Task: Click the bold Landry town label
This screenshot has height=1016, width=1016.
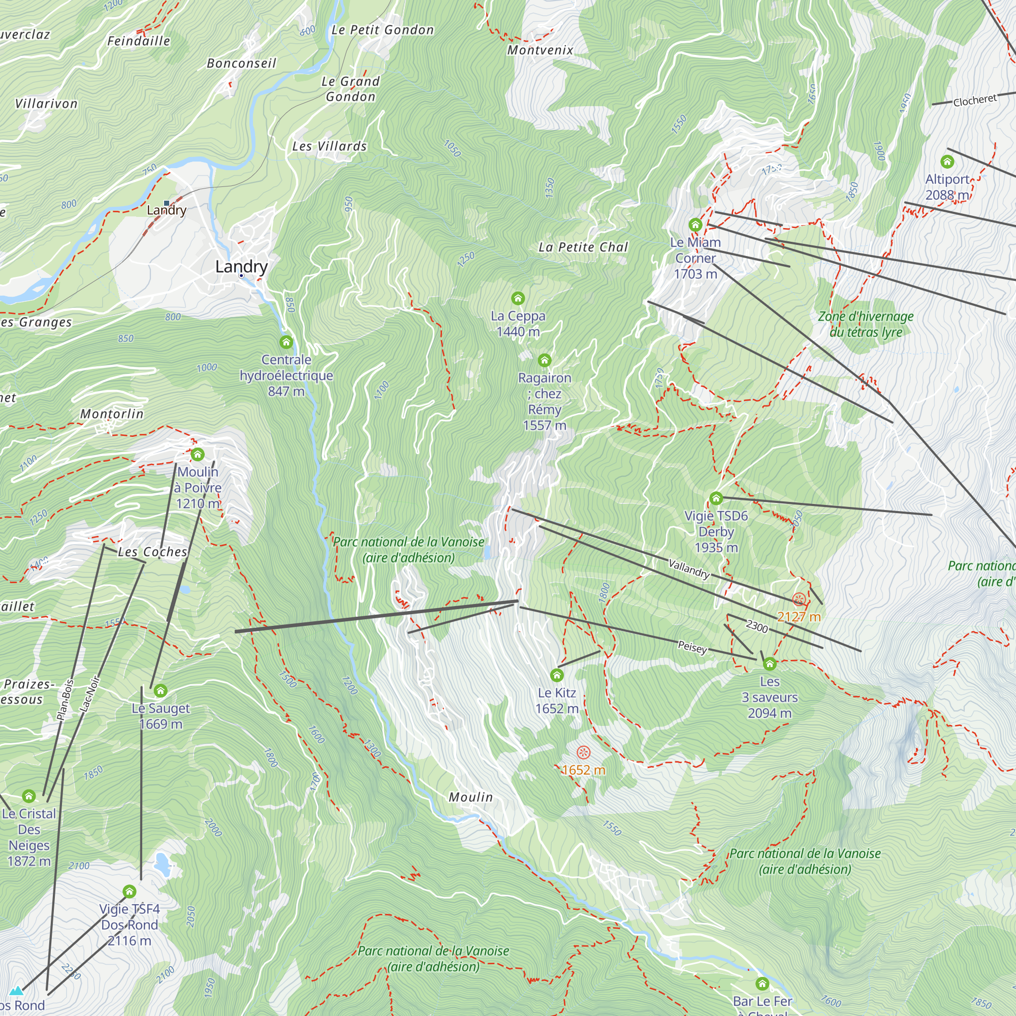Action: point(241,266)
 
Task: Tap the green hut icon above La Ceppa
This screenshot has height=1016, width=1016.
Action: point(518,299)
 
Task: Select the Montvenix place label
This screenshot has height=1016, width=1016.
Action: point(540,50)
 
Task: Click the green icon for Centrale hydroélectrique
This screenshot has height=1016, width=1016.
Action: point(286,342)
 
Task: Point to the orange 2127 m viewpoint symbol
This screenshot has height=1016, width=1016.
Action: point(798,599)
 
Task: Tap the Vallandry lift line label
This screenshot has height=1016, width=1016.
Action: point(689,569)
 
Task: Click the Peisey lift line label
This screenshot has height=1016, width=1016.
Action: point(692,647)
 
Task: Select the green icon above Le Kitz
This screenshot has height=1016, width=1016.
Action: point(556,675)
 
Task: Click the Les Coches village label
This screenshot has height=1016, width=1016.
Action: point(152,552)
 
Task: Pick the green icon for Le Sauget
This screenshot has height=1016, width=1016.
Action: point(161,690)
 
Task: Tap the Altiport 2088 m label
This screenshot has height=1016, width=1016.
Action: point(947,186)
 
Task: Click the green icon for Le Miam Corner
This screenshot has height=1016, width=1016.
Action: point(695,225)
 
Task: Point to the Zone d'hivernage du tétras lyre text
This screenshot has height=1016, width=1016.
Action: point(866,324)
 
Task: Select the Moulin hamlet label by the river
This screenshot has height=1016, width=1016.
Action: point(471,797)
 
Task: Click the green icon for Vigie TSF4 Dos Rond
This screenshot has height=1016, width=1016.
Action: point(130,892)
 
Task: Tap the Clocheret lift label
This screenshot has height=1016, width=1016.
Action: point(974,100)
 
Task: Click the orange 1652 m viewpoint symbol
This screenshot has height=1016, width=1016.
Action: point(583,752)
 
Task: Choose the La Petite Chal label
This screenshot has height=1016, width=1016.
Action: point(583,247)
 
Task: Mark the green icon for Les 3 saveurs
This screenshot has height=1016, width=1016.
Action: point(769,663)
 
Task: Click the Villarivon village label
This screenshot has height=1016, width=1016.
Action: point(46,104)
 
